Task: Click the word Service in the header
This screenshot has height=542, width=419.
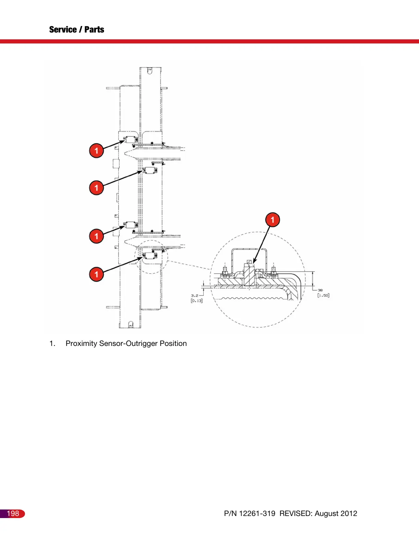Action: coord(63,30)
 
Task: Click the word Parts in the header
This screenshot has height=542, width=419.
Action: coord(94,30)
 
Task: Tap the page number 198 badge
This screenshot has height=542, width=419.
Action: coord(13,514)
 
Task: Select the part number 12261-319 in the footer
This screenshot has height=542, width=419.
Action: coord(257,514)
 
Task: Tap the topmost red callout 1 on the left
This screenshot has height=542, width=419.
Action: coord(97,151)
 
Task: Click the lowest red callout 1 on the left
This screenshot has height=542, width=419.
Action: coord(97,274)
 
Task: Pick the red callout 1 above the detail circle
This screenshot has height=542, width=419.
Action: coord(272,220)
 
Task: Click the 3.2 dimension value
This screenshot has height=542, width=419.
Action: coord(194,295)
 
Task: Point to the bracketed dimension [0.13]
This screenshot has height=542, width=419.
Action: coord(196,301)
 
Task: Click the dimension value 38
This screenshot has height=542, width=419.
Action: coord(320,290)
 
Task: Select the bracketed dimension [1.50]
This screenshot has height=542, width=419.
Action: coord(323,295)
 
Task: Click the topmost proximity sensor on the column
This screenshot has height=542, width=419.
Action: coord(130,140)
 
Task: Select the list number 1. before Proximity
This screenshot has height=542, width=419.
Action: coord(52,344)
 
